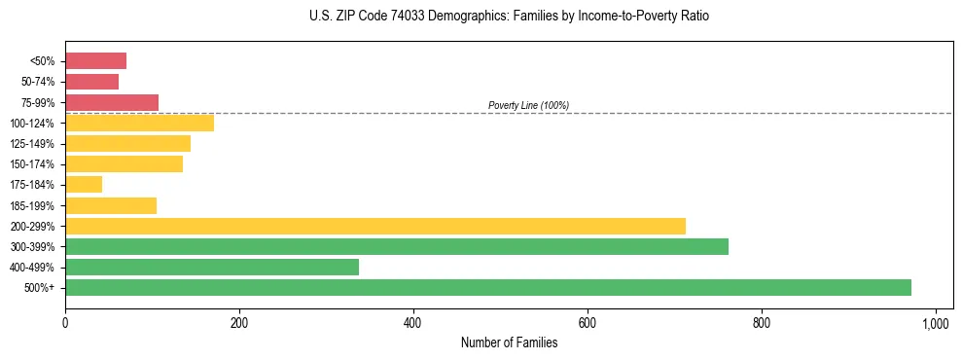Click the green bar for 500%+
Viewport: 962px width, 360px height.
[487, 287]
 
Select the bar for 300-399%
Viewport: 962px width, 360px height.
[396, 246]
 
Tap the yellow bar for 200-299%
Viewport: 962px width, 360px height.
[374, 226]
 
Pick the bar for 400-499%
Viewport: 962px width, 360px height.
[211, 267]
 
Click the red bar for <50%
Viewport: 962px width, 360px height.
[95, 61]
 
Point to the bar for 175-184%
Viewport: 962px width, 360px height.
[83, 185]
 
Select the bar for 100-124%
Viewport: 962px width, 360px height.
[139, 123]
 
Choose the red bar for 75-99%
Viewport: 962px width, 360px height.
[111, 102]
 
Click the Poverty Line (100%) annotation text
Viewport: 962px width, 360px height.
[528, 105]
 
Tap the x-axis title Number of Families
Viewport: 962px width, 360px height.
[509, 342]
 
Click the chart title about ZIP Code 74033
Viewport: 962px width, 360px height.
[510, 17]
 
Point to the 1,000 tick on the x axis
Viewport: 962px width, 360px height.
[936, 322]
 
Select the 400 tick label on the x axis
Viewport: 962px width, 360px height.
[413, 322]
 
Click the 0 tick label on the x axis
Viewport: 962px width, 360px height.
[65, 322]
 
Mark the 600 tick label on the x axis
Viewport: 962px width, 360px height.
[588, 322]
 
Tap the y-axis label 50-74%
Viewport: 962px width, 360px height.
[38, 83]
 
